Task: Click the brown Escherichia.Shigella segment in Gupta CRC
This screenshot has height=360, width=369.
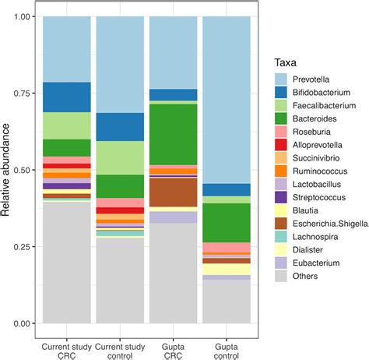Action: coord(173,192)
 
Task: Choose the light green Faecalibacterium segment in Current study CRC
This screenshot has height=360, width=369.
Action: coord(66,125)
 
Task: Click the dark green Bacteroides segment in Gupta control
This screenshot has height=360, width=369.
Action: coord(227,223)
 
